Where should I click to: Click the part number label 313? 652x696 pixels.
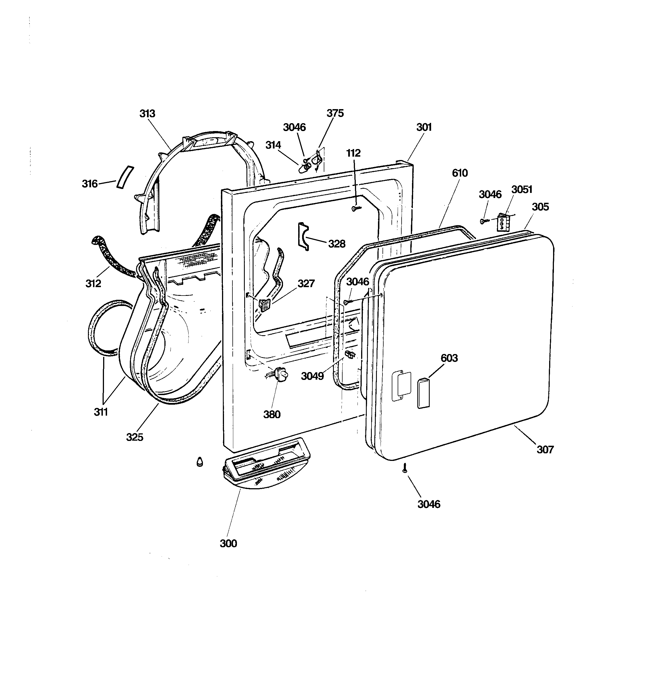[x=147, y=114]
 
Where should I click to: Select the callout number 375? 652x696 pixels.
[x=335, y=113]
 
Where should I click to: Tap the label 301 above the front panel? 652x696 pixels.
[x=424, y=127]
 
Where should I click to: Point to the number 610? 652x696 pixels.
[x=459, y=173]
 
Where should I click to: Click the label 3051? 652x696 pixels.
[x=522, y=190]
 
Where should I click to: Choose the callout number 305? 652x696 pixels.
[x=540, y=207]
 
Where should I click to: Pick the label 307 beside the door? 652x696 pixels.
[x=545, y=450]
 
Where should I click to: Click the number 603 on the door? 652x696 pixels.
[x=449, y=358]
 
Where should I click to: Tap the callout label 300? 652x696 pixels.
[x=228, y=543]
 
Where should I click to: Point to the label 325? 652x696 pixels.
[x=135, y=437]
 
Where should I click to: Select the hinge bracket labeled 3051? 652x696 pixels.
[x=503, y=223]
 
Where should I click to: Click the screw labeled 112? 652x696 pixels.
[x=356, y=208]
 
